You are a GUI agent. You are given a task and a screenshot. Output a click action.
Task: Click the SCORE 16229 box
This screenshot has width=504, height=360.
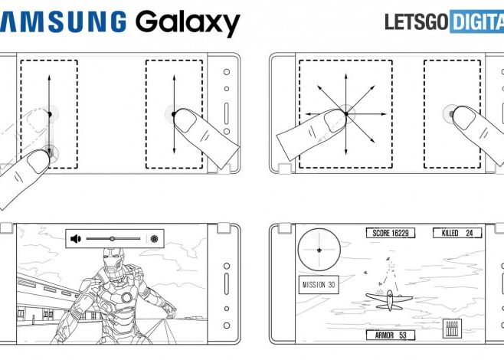[390, 233]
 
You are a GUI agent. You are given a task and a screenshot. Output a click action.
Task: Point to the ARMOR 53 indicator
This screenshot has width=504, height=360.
[390, 335]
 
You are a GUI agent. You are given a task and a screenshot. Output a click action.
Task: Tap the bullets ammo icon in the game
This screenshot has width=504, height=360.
[452, 329]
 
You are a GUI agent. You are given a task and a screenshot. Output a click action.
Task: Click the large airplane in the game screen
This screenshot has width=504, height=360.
[388, 299]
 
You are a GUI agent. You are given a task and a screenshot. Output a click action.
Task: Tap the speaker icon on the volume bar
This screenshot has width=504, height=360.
[76, 239]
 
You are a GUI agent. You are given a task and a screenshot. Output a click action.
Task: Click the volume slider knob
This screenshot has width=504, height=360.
[112, 239]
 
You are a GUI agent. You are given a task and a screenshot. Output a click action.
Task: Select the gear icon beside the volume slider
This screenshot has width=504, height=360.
[154, 239]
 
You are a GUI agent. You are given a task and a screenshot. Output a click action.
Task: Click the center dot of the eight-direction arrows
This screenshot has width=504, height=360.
[345, 114]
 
